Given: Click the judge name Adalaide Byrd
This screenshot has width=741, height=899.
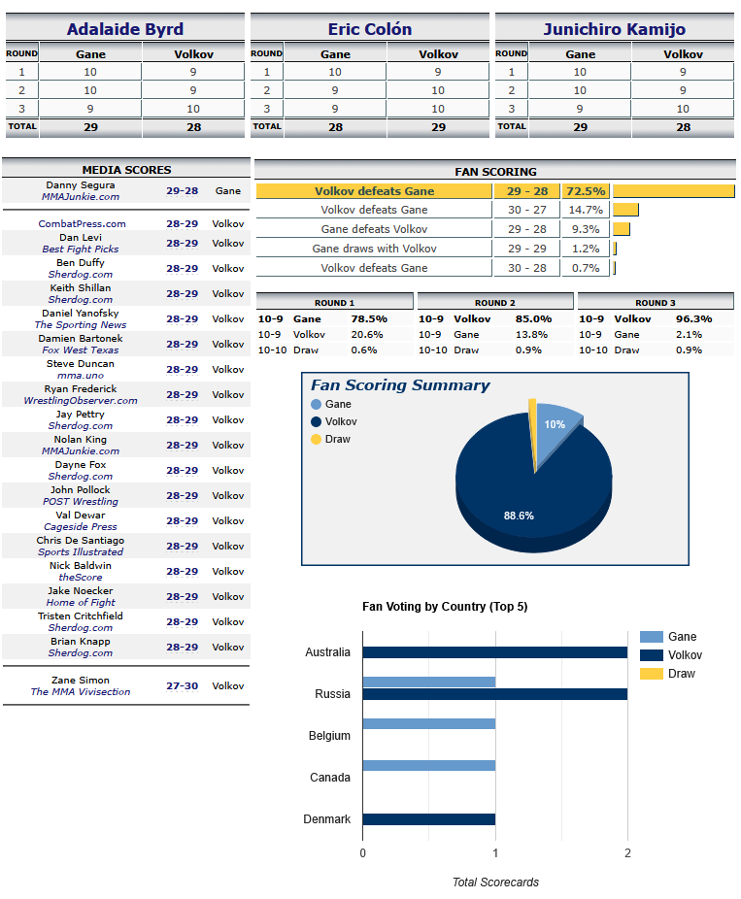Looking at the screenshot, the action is tap(125, 29).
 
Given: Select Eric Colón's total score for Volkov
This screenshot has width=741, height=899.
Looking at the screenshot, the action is tap(438, 127).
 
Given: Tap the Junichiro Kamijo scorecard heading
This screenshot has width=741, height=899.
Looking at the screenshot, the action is tap(614, 29).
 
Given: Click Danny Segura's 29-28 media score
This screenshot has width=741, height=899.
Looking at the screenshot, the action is tap(183, 191).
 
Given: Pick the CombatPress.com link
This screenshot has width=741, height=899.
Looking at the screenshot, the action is tap(82, 223).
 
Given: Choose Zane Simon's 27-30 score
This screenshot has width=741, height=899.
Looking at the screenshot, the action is tap(183, 685).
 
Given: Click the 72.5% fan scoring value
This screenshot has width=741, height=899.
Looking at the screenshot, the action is tap(586, 191).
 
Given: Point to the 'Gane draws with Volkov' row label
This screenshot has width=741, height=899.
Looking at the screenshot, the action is tap(375, 249).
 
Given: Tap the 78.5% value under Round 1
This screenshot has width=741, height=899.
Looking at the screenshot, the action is tap(369, 318).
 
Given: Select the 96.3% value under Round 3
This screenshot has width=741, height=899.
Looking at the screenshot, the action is tap(694, 318).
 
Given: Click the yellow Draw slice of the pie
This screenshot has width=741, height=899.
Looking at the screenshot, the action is tap(533, 433).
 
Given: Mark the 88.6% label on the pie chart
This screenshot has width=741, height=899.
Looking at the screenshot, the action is tap(519, 516).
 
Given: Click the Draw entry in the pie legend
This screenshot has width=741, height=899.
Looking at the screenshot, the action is tap(337, 439).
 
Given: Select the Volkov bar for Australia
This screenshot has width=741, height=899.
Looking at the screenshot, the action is tap(495, 652).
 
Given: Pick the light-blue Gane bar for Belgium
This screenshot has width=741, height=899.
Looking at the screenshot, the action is tap(429, 723).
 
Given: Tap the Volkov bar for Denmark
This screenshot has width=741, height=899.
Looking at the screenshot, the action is tap(429, 819).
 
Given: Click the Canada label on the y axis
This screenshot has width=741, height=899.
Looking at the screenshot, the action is tap(330, 778).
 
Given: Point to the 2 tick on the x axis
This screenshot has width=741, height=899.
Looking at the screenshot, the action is tap(627, 853).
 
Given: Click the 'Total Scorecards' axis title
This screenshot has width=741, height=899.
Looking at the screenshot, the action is tap(495, 882).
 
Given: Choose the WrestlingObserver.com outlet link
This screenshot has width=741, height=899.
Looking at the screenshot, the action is tap(81, 400).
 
